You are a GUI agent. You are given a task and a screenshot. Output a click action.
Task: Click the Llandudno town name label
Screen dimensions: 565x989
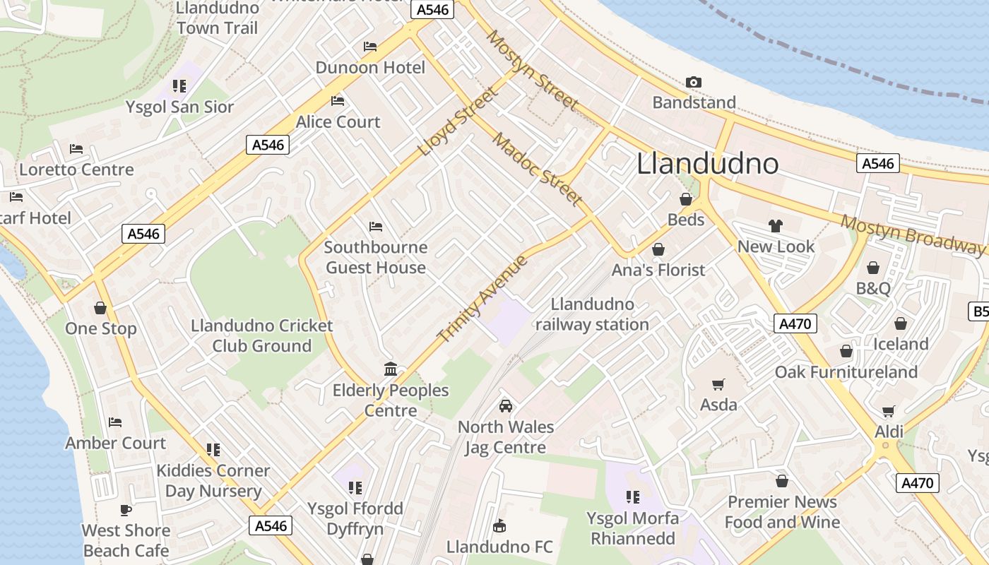point(708,164)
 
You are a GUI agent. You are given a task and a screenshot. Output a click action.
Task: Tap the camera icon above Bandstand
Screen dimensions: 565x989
point(694,83)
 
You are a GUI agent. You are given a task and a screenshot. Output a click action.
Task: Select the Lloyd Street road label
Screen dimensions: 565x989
point(458,121)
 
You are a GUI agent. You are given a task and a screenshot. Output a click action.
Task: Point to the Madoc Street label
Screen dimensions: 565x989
point(538,169)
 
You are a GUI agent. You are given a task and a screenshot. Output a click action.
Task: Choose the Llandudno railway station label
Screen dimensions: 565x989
point(592,314)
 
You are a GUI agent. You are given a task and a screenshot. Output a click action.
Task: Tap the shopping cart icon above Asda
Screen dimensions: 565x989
point(718,385)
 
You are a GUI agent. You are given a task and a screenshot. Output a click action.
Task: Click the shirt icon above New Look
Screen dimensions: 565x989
point(776,227)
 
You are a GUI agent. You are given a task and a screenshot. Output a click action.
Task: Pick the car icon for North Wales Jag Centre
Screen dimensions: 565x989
point(506,406)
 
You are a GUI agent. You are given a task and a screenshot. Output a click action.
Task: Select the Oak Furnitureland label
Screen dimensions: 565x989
point(846,372)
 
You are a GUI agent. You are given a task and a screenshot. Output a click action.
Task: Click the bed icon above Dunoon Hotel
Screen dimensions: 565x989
point(370,47)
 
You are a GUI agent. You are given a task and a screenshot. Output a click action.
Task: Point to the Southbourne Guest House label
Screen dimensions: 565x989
point(376,257)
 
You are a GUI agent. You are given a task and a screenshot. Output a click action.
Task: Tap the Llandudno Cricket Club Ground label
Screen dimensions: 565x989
point(262,335)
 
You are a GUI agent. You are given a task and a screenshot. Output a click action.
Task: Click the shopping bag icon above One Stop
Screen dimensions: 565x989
point(100,309)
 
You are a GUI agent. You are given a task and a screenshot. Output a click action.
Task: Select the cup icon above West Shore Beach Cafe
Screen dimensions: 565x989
point(126,510)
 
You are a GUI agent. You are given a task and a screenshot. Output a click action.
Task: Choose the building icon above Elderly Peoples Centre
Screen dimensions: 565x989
point(391,369)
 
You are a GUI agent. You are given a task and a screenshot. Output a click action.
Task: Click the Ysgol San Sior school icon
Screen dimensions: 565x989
point(179,86)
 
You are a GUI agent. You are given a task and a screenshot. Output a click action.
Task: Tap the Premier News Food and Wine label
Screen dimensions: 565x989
point(782,512)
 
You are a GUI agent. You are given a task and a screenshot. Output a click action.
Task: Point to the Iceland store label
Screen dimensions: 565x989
point(901,344)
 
